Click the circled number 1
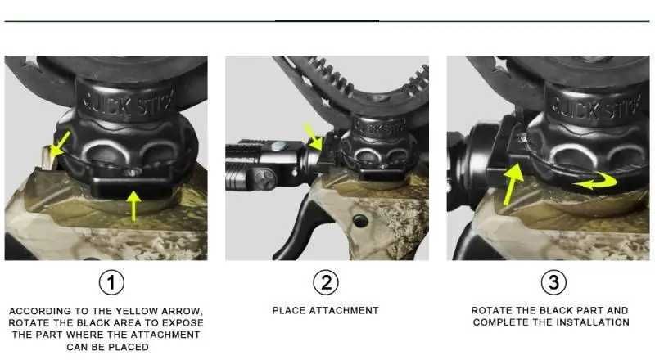tap(111, 283)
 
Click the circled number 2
tap(326, 283)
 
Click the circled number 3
tap(553, 283)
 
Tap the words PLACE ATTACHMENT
tap(326, 311)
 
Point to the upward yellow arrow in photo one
tap(133, 204)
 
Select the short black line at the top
tap(326, 20)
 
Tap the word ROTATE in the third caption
tap(490, 311)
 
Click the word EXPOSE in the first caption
tap(179, 322)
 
